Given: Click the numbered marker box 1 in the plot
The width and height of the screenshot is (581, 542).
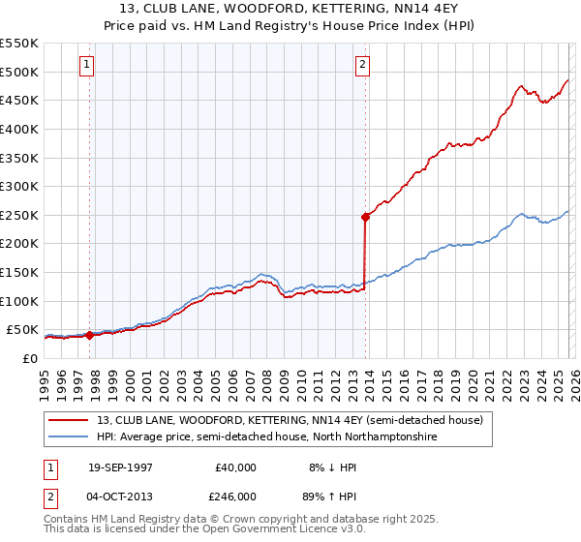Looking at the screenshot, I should (x=87, y=65).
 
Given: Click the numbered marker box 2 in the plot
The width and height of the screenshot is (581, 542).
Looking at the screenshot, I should (x=362, y=65).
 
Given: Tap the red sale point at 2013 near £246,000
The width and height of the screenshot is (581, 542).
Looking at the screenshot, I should (x=365, y=217).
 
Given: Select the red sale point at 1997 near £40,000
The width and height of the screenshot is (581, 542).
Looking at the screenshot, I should (x=90, y=335).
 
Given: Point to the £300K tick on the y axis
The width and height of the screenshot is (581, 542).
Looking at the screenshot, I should (x=19, y=186).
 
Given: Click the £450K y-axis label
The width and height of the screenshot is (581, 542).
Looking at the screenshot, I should (x=19, y=100).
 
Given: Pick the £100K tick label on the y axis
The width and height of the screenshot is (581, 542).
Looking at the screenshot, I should (x=19, y=301).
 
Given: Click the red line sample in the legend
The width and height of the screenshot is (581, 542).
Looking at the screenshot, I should (x=70, y=420).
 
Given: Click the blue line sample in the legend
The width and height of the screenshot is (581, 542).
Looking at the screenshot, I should (x=70, y=437).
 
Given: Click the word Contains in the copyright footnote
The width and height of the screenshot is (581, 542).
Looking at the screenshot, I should (x=67, y=520).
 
